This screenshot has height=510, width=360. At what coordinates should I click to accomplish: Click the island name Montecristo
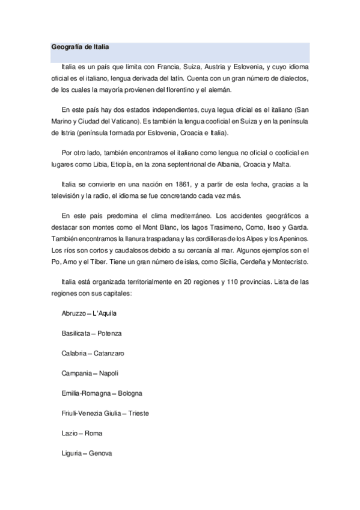coord(287,263)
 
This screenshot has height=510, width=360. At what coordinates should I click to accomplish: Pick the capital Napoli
coord(109,373)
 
